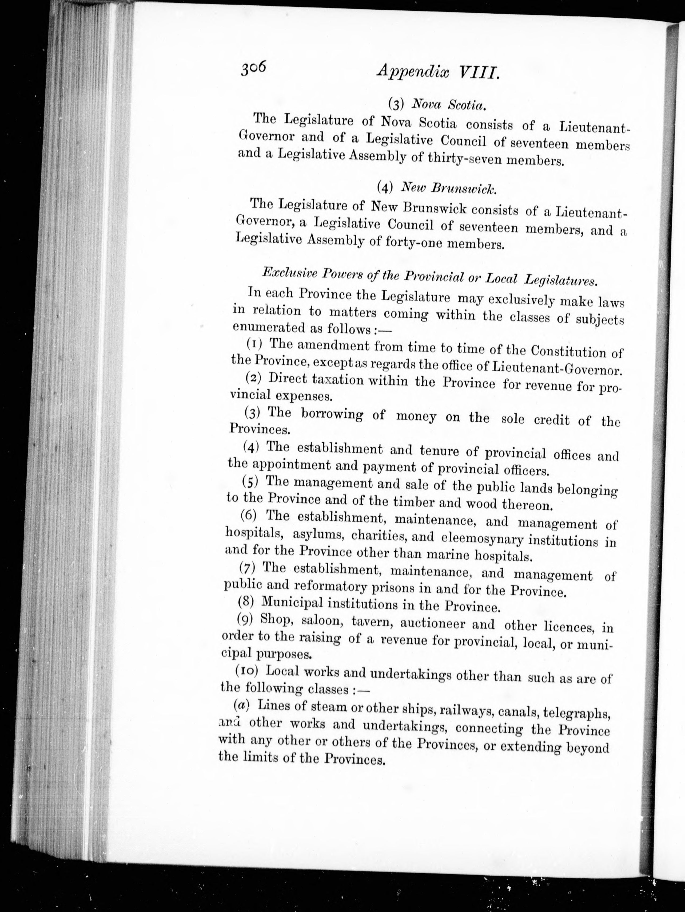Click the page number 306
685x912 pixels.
(x=254, y=67)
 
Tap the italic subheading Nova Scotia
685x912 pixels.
(x=449, y=105)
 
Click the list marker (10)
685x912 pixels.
(x=246, y=671)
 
